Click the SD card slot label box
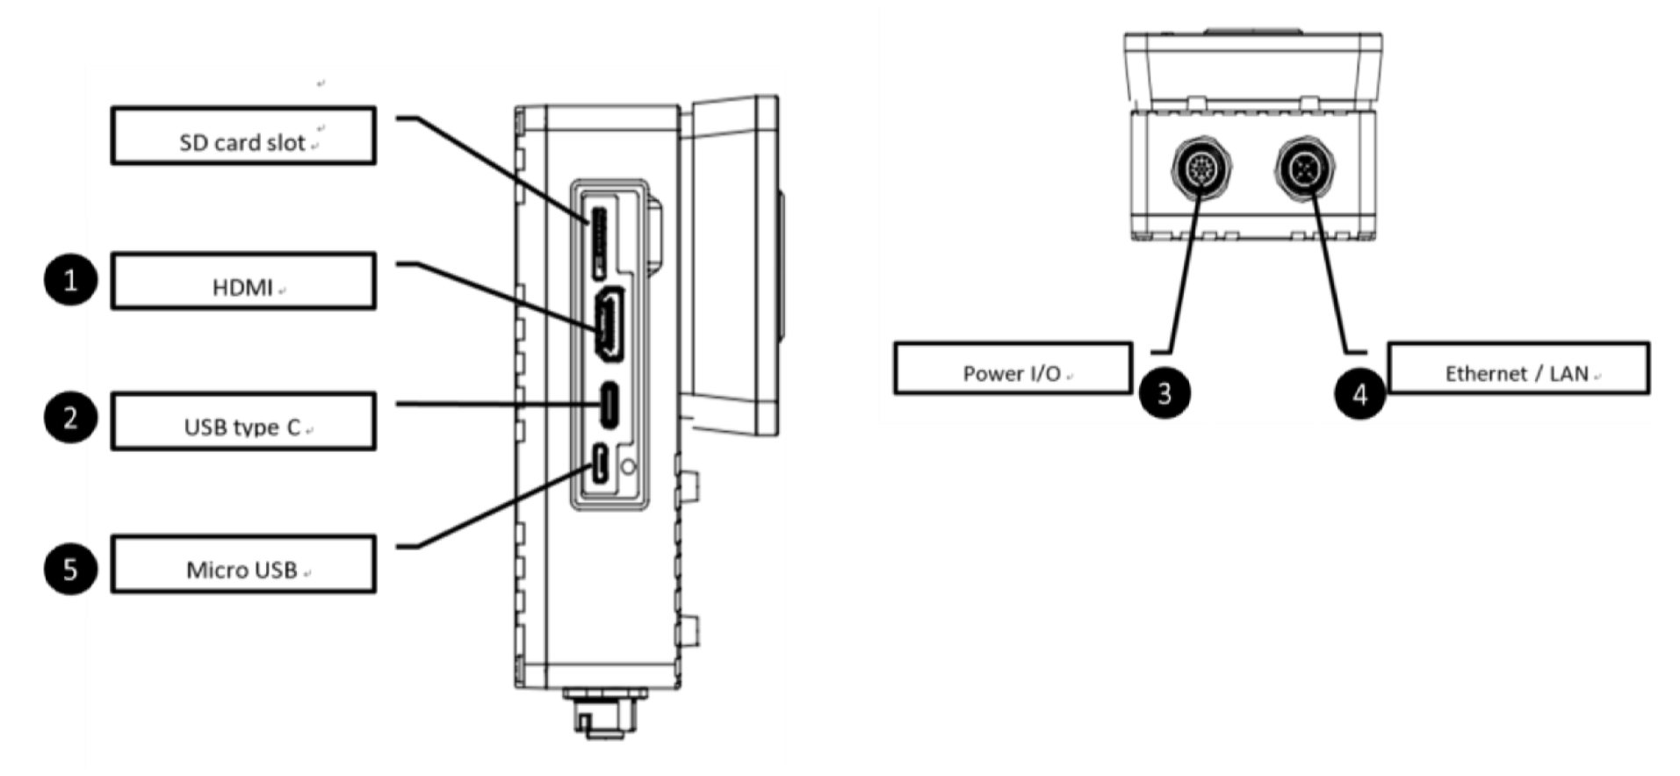[243, 136]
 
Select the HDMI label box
[243, 282]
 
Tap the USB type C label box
[243, 421]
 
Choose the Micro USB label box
[243, 564]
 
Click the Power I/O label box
[1012, 369]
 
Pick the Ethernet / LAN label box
[1518, 369]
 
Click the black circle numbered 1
[70, 281]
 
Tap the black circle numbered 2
[70, 418]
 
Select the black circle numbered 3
[1164, 392]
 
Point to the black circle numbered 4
[1359, 393]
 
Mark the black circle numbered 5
[70, 569]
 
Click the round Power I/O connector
[1202, 167]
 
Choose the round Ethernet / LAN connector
[1304, 167]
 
